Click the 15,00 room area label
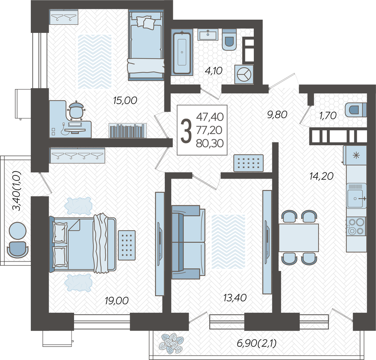click(x=125, y=100)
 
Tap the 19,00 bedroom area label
click(x=117, y=300)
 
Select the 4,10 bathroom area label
click(x=214, y=71)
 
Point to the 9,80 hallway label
click(x=277, y=114)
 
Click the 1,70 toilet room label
click(x=328, y=115)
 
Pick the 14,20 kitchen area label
click(x=321, y=176)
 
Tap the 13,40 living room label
click(x=235, y=298)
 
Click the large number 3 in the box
click(x=186, y=131)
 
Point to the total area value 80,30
click(x=210, y=143)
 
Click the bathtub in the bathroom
click(x=182, y=53)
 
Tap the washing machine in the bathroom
click(x=244, y=75)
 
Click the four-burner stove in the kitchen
click(x=356, y=226)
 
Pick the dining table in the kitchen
click(x=299, y=238)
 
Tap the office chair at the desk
click(x=76, y=111)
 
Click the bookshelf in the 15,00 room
click(x=127, y=131)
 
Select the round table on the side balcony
click(x=17, y=231)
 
